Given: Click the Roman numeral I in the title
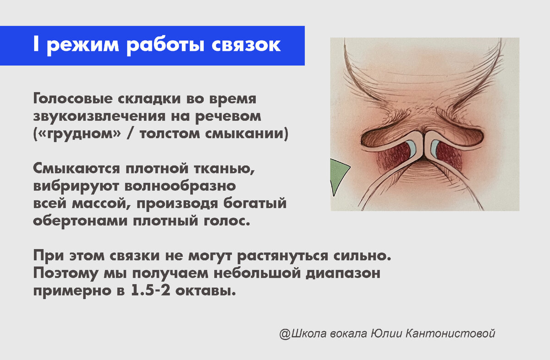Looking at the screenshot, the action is [x=36, y=44].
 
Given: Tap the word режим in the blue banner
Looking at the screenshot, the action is [x=83, y=47].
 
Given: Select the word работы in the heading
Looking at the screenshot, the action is [x=165, y=46].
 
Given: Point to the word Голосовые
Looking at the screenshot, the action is [x=73, y=99].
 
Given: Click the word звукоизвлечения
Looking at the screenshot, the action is [x=99, y=116].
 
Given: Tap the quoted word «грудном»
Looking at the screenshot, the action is [x=77, y=134].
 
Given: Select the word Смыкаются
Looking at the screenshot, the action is [x=77, y=169].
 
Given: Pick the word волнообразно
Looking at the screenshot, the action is [x=180, y=186].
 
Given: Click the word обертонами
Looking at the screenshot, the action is [x=80, y=221].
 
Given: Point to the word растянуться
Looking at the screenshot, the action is [x=283, y=256].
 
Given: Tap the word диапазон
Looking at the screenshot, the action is [x=343, y=274].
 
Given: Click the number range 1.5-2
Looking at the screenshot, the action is [x=150, y=291].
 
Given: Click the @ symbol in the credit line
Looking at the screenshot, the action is [x=285, y=334].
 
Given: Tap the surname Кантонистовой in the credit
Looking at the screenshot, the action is [x=450, y=333].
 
